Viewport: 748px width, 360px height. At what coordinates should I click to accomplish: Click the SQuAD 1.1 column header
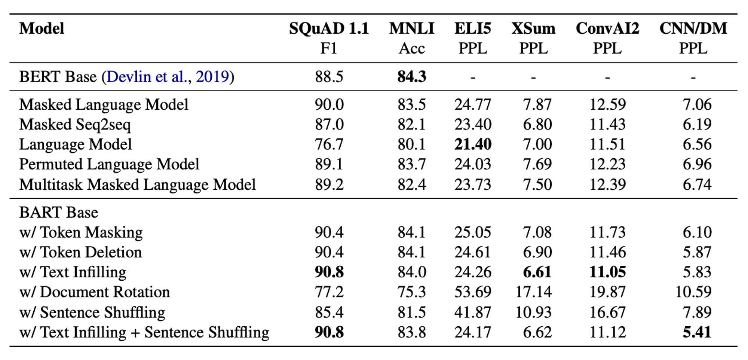[329, 28]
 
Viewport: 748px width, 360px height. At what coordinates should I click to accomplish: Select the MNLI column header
[411, 28]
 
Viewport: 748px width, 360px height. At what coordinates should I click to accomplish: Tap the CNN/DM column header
[693, 28]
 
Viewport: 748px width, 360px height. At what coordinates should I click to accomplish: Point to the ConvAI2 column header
[607, 28]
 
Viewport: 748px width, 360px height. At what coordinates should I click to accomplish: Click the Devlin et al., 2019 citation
[168, 77]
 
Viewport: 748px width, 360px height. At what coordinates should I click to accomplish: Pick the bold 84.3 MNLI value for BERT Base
[411, 77]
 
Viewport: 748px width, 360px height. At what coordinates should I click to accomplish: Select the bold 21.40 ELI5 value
[473, 144]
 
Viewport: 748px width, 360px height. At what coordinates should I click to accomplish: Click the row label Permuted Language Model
[109, 164]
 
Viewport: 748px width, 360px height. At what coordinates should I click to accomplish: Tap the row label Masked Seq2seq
[75, 125]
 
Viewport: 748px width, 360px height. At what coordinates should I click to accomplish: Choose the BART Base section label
[59, 213]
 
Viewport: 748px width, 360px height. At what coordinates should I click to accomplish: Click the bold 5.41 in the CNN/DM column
[697, 332]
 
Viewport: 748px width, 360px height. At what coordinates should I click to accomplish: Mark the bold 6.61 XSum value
[537, 272]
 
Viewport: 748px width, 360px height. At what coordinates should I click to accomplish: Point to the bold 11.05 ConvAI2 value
[607, 272]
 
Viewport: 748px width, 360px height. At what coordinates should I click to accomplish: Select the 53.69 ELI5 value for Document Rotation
[473, 292]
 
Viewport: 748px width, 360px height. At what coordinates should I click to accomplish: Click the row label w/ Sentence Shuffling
[92, 312]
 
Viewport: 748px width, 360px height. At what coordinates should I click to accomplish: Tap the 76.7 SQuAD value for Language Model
[329, 144]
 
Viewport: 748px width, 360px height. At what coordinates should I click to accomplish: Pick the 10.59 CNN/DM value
[693, 292]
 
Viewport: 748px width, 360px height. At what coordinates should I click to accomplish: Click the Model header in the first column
[42, 28]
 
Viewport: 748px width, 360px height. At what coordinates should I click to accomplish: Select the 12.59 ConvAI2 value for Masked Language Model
[607, 104]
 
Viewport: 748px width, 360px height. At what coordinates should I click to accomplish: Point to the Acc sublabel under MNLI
[411, 49]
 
